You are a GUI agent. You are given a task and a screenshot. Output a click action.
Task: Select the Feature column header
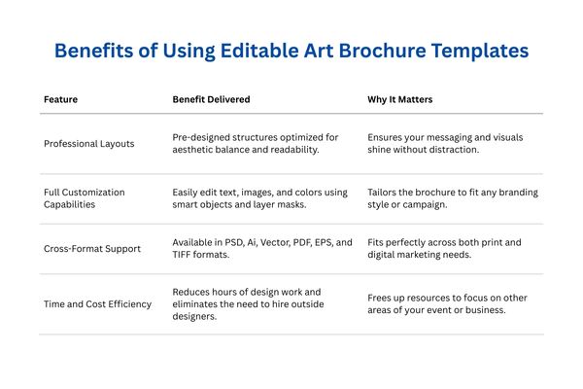(x=60, y=99)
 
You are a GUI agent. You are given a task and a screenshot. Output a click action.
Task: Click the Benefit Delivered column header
(x=211, y=99)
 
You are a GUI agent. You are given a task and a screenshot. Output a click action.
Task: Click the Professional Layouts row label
(x=90, y=144)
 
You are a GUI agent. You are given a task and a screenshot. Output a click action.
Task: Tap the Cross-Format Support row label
(x=92, y=249)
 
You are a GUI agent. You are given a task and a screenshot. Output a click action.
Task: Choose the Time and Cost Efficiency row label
(x=97, y=304)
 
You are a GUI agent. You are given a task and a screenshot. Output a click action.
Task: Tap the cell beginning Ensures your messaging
(x=445, y=144)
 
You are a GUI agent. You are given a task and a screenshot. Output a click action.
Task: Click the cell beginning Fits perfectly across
(x=444, y=249)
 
